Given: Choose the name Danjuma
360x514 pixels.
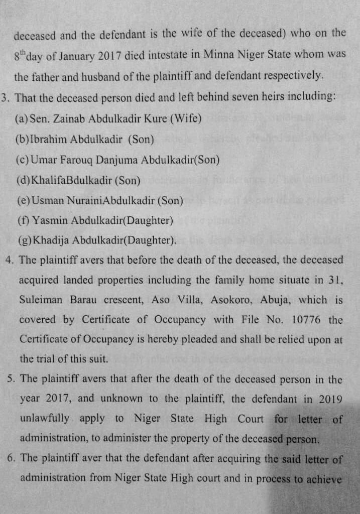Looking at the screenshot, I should click(x=117, y=160).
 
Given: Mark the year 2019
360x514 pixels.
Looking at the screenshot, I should click(x=331, y=399).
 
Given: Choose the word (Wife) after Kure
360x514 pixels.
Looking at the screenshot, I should click(x=185, y=119).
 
